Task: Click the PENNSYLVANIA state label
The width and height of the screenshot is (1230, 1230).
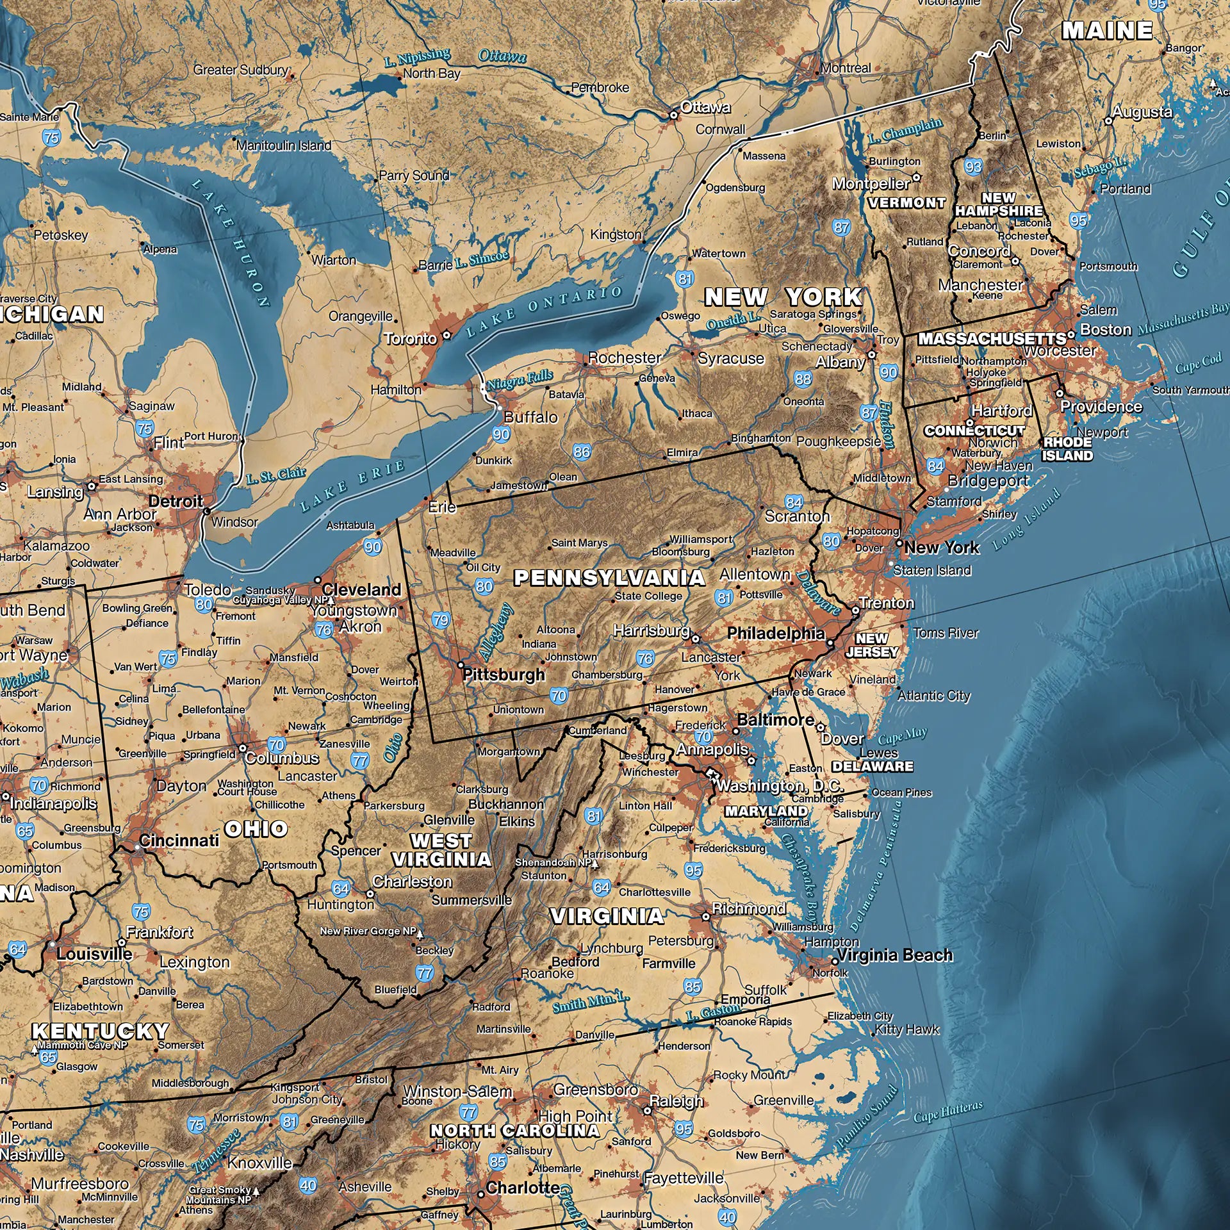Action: pos(609,578)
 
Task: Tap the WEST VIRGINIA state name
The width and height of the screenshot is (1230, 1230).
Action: pos(441,849)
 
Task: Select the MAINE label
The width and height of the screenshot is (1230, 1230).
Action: pos(1107,30)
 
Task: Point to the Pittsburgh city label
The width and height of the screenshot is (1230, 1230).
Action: pos(504,675)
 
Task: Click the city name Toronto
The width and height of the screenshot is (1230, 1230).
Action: pos(411,338)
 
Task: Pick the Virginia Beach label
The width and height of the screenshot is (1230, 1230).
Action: pos(895,955)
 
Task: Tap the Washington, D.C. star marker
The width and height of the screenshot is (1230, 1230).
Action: pos(711,775)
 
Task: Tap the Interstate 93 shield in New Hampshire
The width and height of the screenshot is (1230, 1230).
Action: pos(973,167)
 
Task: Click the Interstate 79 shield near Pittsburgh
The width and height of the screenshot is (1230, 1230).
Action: pos(441,619)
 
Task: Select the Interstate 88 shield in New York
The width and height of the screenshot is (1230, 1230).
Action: pos(803,379)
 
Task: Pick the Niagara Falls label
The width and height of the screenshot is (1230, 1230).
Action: pos(520,380)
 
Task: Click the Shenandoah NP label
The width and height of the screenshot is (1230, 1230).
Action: pos(553,862)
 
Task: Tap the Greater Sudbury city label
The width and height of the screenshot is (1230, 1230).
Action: pos(240,70)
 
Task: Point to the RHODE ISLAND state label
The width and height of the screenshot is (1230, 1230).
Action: pos(1067,449)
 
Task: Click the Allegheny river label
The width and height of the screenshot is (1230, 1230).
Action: pos(496,632)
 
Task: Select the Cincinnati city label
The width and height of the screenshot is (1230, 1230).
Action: pos(179,840)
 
